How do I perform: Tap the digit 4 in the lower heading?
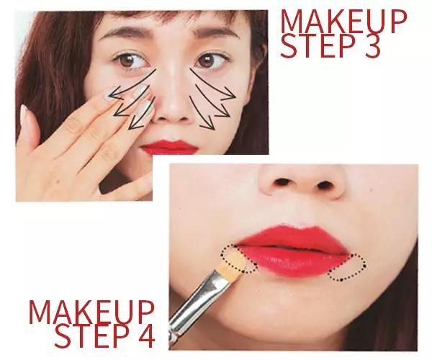point(145,335)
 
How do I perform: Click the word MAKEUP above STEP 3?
point(343,22)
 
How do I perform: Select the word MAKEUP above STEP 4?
point(91,312)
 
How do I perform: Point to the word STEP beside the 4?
point(92,336)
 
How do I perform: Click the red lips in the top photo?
point(169,147)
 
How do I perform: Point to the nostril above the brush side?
point(282,181)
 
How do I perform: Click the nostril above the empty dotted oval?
point(324,185)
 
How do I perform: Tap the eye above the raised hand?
point(130,60)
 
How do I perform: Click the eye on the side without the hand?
point(209,60)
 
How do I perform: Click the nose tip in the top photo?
point(172,107)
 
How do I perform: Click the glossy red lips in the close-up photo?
point(292,251)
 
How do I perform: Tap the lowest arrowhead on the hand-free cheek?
point(209,125)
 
